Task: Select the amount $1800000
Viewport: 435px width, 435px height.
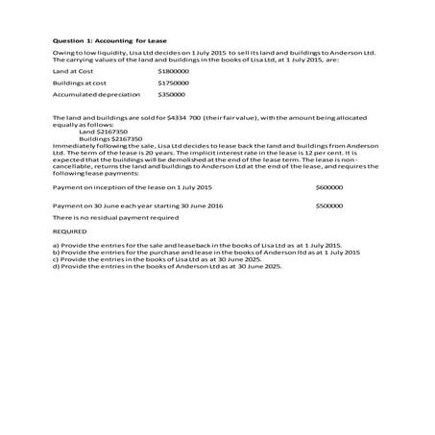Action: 173,71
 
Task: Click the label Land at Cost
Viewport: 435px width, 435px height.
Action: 74,71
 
